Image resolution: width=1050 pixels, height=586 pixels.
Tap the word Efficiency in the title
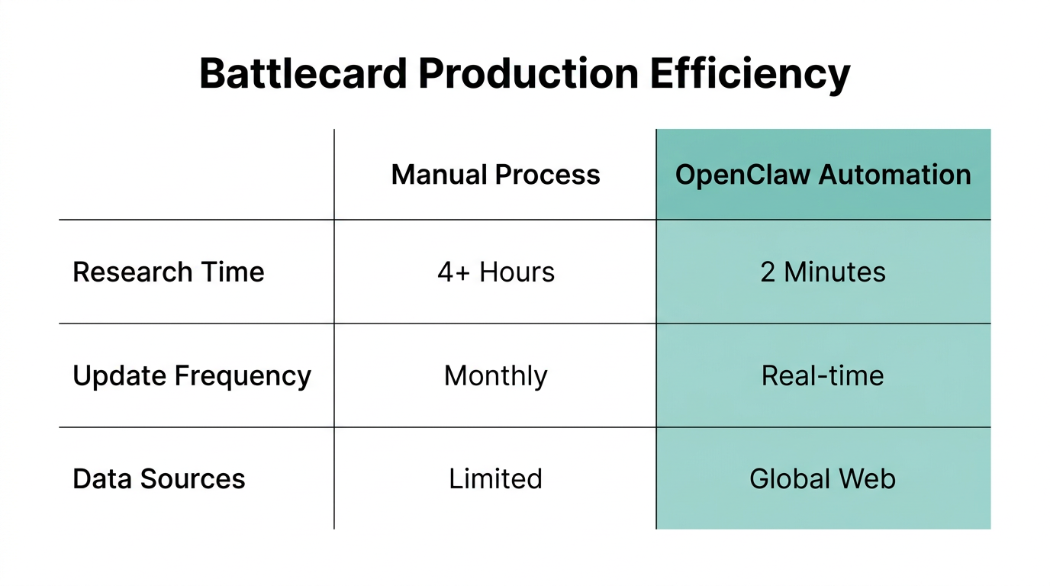coord(750,74)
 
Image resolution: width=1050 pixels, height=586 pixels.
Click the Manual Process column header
coord(495,175)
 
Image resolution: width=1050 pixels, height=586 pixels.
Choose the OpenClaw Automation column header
coord(823,175)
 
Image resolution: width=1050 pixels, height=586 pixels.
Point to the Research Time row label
coord(169,272)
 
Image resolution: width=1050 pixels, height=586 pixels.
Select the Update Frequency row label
coord(192,375)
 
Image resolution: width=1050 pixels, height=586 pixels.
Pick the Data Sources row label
coord(159,479)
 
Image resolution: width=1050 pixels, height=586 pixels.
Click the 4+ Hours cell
coord(495,272)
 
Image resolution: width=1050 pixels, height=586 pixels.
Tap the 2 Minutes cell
coord(823,272)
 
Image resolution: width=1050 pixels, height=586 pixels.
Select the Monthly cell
coord(495,376)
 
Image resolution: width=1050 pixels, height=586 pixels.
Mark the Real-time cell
coord(823,375)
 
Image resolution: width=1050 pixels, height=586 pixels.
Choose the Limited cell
coord(495,479)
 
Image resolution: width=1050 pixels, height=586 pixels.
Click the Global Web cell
coord(823,479)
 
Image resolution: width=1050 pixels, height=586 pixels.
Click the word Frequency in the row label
coord(243,376)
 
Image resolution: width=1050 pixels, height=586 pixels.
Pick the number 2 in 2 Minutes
coord(768,272)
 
